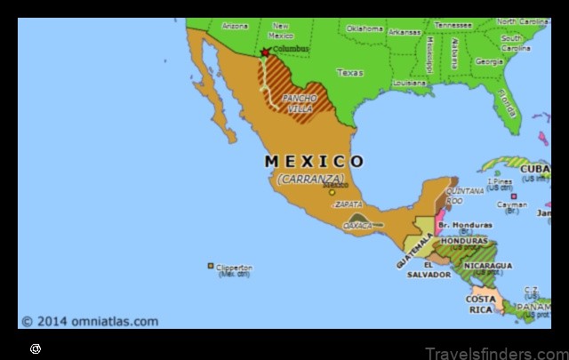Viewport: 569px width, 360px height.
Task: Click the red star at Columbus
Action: pos(264,52)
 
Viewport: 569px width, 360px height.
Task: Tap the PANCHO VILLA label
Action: pos(300,101)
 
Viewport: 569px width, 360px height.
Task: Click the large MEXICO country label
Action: pos(315,162)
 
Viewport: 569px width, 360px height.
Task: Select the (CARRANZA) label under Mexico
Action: pos(310,179)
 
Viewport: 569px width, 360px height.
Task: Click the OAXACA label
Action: pos(358,226)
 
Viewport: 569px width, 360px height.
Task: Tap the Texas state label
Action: pos(350,72)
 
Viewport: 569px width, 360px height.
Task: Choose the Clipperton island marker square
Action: pos(211,266)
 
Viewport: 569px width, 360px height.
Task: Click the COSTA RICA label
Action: pos(481,304)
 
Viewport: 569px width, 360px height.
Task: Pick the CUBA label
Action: pos(535,168)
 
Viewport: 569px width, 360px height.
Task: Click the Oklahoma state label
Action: pos(365,28)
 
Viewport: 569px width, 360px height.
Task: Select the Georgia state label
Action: pos(489,62)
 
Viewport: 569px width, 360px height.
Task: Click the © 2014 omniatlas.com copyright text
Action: pos(90,322)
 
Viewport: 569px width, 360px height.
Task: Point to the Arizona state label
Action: pos(235,26)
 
